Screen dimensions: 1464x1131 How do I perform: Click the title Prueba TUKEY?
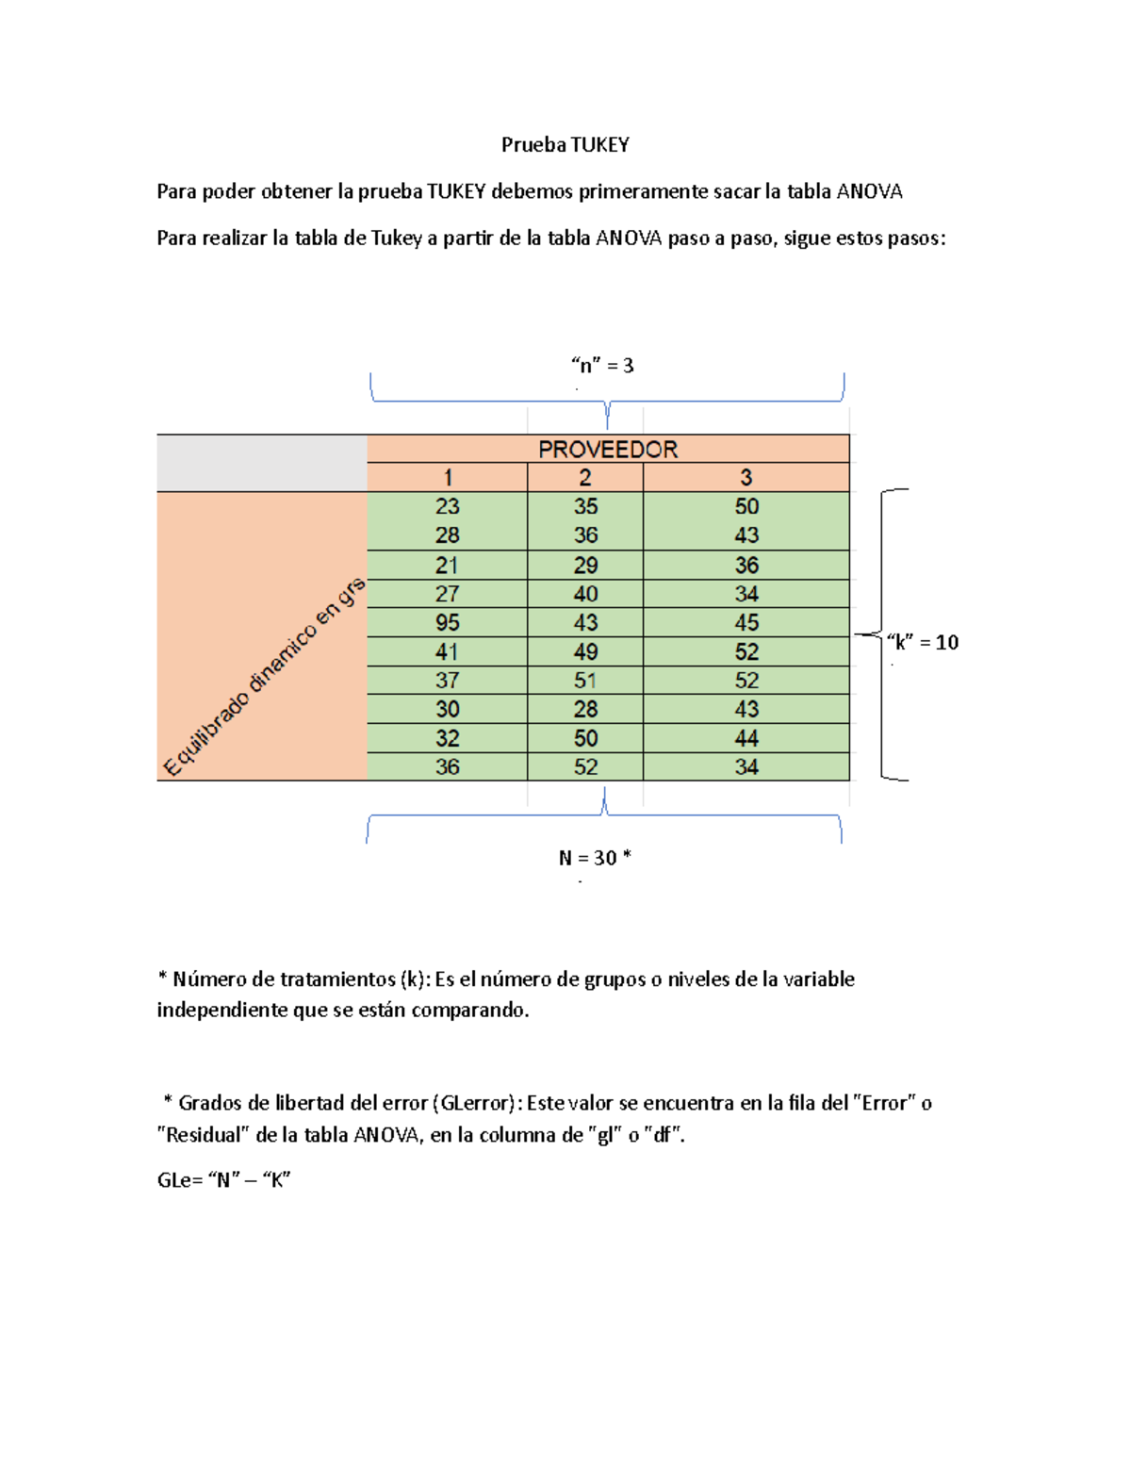(565, 144)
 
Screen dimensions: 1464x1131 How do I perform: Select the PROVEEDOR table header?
(608, 449)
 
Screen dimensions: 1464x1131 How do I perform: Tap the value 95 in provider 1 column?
(448, 622)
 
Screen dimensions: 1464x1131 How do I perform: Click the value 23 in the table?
(448, 506)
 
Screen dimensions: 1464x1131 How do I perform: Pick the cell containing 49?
(585, 651)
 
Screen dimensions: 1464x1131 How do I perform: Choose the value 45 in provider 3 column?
(746, 622)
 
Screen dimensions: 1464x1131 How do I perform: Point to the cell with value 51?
(585, 680)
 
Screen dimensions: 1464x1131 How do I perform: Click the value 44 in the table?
(746, 738)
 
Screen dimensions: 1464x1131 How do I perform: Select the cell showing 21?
(448, 565)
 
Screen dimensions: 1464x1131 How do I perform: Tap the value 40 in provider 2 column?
(585, 594)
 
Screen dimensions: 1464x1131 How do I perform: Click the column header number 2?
(585, 477)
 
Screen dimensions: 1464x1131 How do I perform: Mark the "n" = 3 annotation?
(602, 365)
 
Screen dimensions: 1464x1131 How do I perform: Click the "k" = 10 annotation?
(922, 642)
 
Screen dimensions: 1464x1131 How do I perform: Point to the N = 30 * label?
(595, 858)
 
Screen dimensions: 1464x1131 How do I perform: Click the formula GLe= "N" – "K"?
(223, 1180)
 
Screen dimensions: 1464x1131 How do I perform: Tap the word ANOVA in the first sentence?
(869, 191)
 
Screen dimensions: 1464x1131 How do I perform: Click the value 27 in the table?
(448, 594)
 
